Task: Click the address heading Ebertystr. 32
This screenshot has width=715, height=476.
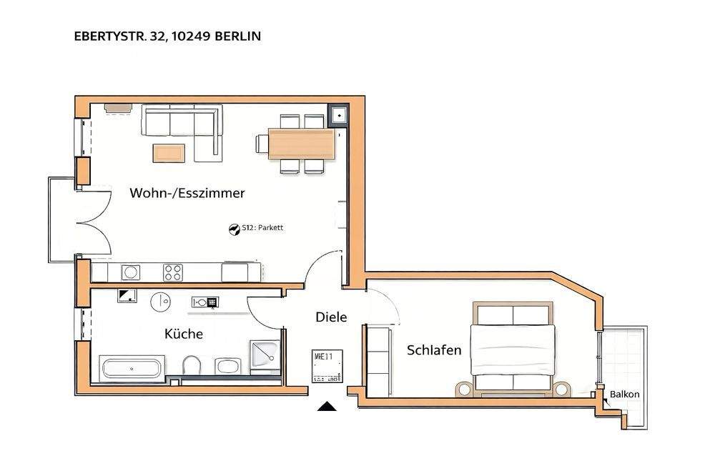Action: click(x=167, y=35)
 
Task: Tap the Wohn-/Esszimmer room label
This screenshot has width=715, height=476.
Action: click(x=187, y=193)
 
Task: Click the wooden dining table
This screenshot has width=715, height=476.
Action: click(x=300, y=144)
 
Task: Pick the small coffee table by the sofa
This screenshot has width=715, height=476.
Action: click(x=169, y=152)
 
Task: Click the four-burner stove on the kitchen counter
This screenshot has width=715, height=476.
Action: click(x=173, y=272)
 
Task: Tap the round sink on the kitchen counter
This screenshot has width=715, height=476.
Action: click(x=131, y=272)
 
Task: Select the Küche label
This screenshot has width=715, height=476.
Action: click(x=184, y=334)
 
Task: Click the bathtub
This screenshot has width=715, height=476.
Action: click(x=132, y=369)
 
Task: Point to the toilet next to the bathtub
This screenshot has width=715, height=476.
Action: click(x=192, y=366)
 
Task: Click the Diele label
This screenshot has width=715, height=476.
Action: click(x=331, y=317)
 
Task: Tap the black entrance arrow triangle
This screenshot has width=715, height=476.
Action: click(x=327, y=407)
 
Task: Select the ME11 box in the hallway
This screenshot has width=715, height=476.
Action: click(x=327, y=365)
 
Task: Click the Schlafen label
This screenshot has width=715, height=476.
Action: click(x=434, y=350)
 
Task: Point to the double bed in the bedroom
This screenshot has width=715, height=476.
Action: click(x=513, y=349)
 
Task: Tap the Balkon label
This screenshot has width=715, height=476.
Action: click(x=624, y=394)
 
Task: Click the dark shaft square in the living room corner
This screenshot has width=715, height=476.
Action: click(x=337, y=114)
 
